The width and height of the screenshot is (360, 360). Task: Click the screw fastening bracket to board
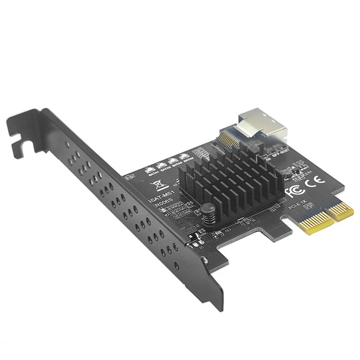[204, 259]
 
